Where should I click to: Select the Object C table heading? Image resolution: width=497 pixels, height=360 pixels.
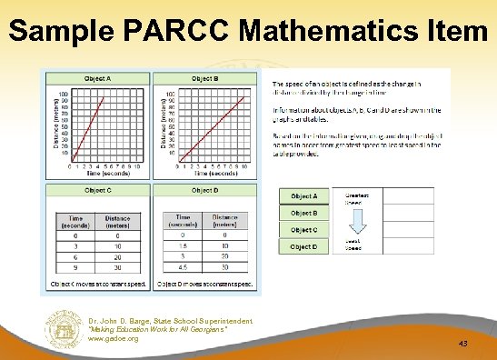tap(97, 191)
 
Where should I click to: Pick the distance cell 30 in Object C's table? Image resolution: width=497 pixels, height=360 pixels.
tap(118, 265)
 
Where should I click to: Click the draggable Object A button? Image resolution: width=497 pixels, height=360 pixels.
tap(303, 196)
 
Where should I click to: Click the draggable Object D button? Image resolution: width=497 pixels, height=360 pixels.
tap(303, 246)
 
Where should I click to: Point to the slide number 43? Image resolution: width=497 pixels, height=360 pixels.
tap(463, 344)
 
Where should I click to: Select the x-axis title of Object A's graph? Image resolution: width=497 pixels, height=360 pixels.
tap(103, 173)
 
